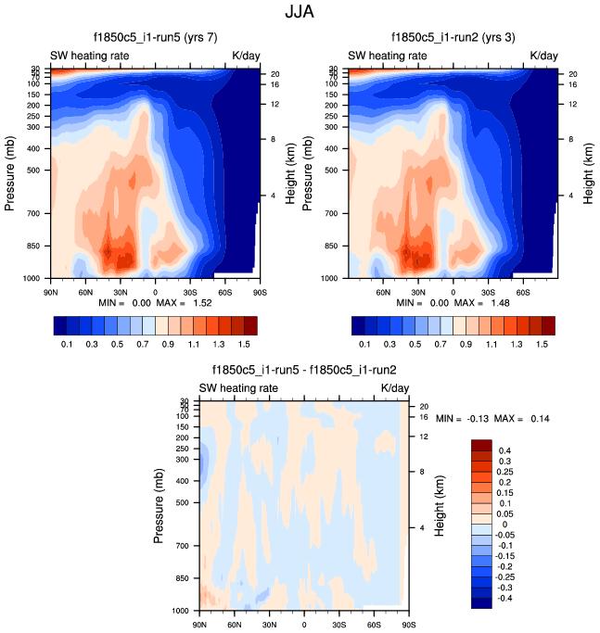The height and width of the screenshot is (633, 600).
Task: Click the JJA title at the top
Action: pos(300,14)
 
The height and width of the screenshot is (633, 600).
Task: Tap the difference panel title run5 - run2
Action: pos(302,369)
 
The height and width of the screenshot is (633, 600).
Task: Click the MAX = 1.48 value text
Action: pos(475,303)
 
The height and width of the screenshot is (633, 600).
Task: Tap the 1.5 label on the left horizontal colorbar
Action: pos(244,344)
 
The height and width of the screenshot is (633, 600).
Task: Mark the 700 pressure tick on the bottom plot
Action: pos(181,547)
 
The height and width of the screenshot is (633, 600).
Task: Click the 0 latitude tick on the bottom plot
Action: pos(303,623)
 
